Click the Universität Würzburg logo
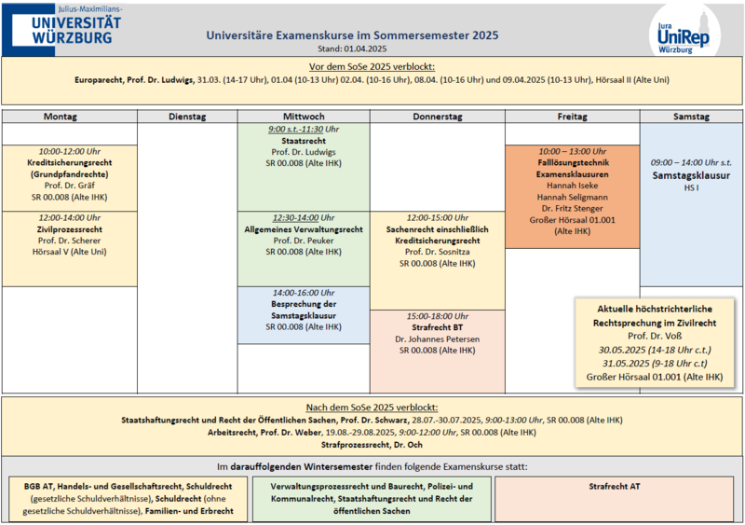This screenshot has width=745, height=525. pos(62,27)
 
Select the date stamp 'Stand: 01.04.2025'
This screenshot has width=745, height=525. pos(351,48)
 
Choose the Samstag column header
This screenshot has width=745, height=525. pos(690,117)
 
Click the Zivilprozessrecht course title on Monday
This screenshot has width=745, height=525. pos(70,228)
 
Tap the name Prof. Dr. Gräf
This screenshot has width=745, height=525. pos(70,185)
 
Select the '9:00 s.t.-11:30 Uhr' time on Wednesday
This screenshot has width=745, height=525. pos(304,129)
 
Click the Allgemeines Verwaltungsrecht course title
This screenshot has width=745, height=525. pos(304,228)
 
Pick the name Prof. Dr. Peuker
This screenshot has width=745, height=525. pos(304,240)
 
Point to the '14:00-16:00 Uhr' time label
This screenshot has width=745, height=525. pos(304,293)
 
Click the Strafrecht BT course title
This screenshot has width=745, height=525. pos(437,327)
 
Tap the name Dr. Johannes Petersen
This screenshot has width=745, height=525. pos(437,338)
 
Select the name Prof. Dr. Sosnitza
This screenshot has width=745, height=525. pos(437,252)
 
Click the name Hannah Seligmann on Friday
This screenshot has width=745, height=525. pos(572,197)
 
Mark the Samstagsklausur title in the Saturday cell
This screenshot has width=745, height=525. pos(690,174)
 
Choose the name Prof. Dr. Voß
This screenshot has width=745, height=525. pos(655,335)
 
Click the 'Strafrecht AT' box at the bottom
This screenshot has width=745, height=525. pos(616,486)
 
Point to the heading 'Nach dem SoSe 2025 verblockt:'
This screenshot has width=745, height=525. pos(372,408)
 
